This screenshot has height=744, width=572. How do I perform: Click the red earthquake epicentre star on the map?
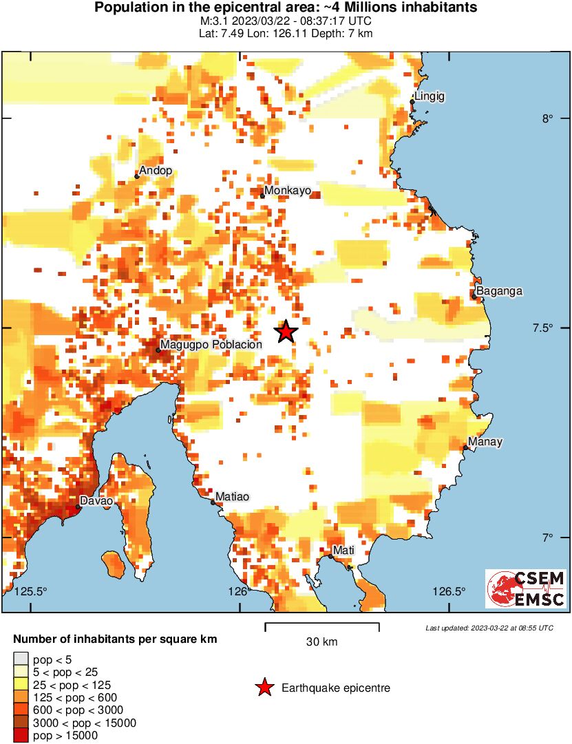286,332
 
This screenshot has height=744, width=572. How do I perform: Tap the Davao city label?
96,501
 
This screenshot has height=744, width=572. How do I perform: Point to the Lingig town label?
430,97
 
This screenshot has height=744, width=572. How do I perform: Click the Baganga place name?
499,291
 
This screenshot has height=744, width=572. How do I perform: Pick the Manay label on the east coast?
485,442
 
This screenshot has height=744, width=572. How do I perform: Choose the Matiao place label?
232,496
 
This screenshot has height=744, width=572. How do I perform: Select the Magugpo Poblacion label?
211,344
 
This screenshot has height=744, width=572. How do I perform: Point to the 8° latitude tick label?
547,118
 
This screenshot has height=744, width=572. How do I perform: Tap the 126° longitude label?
238,591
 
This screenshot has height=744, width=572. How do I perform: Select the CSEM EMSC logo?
526,588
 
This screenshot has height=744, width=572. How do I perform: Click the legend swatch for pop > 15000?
21,736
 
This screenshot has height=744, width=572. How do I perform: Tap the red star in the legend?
264,688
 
